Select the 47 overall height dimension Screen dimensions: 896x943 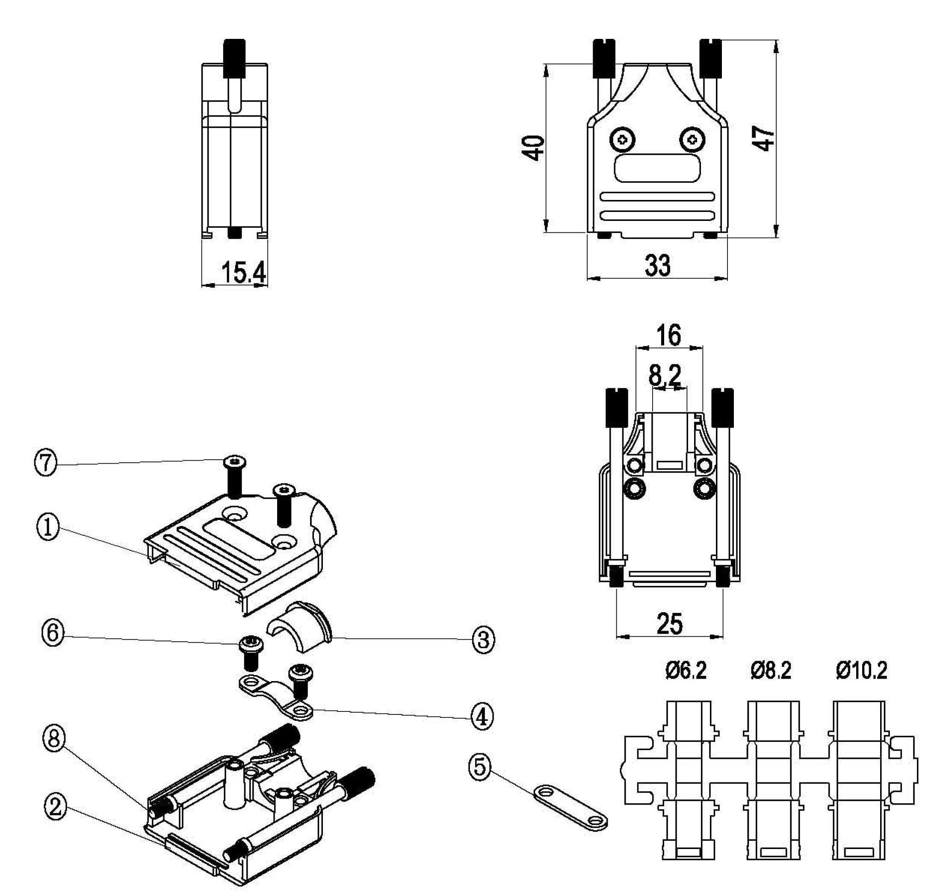click(764, 138)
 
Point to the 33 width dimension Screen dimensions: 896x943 click(657, 265)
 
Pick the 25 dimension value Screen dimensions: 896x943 click(670, 623)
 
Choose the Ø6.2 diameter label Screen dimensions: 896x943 click(686, 670)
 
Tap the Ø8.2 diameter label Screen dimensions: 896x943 click(771, 670)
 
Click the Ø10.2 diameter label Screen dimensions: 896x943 click(861, 670)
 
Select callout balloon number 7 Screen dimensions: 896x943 click(46, 463)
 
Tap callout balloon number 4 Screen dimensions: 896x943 click(482, 717)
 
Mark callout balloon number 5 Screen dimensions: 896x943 click(480, 767)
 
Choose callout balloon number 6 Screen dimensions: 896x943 click(53, 634)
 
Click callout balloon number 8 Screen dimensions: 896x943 click(54, 739)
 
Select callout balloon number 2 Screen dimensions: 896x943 click(56, 807)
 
